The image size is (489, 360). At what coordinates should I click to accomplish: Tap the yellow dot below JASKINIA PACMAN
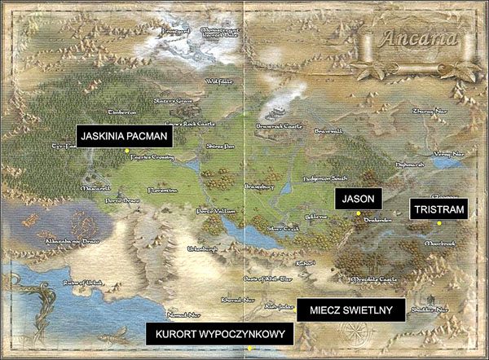click(x=126, y=151)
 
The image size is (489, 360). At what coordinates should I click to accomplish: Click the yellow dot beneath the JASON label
click(x=358, y=213)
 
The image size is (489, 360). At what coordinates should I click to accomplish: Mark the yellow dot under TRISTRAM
click(x=438, y=223)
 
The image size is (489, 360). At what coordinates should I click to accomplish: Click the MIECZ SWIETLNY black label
click(x=351, y=310)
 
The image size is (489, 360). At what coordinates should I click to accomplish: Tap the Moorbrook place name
click(x=441, y=243)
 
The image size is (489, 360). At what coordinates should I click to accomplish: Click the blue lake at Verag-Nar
click(x=446, y=162)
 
